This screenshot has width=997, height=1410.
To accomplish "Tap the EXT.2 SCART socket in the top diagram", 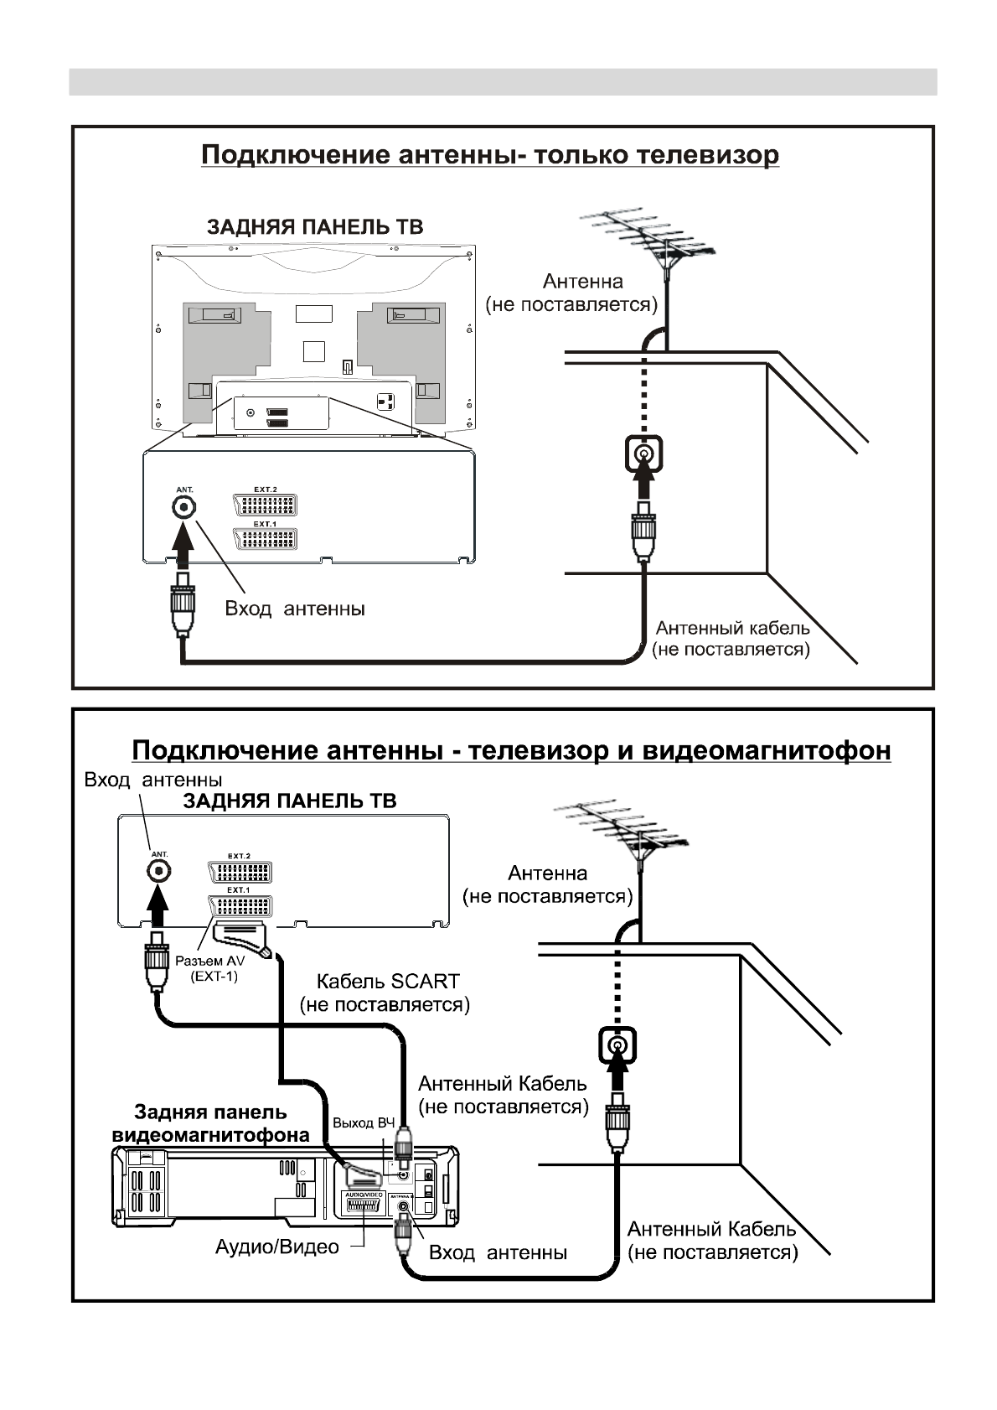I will click(265, 505).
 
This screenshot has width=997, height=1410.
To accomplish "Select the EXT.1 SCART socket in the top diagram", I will click(265, 538).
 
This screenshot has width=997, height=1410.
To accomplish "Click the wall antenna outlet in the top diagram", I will click(643, 454).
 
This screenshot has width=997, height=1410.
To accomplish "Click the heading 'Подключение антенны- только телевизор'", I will click(489, 156).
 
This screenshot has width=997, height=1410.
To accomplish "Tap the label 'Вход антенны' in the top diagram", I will click(295, 609).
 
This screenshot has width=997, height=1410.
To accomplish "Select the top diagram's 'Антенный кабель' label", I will click(731, 628).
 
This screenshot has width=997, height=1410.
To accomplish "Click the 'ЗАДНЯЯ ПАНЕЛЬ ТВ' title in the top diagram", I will click(315, 226).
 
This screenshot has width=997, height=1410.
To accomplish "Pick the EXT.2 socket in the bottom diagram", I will click(240, 871).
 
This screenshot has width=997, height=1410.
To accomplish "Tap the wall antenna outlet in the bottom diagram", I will click(617, 1046).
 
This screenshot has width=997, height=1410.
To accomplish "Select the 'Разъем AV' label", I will click(209, 962).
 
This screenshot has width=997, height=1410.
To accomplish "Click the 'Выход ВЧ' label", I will click(363, 1123).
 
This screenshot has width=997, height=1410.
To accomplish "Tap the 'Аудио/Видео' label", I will click(276, 1247).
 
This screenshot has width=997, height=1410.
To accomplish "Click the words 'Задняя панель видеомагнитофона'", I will click(210, 1124).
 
